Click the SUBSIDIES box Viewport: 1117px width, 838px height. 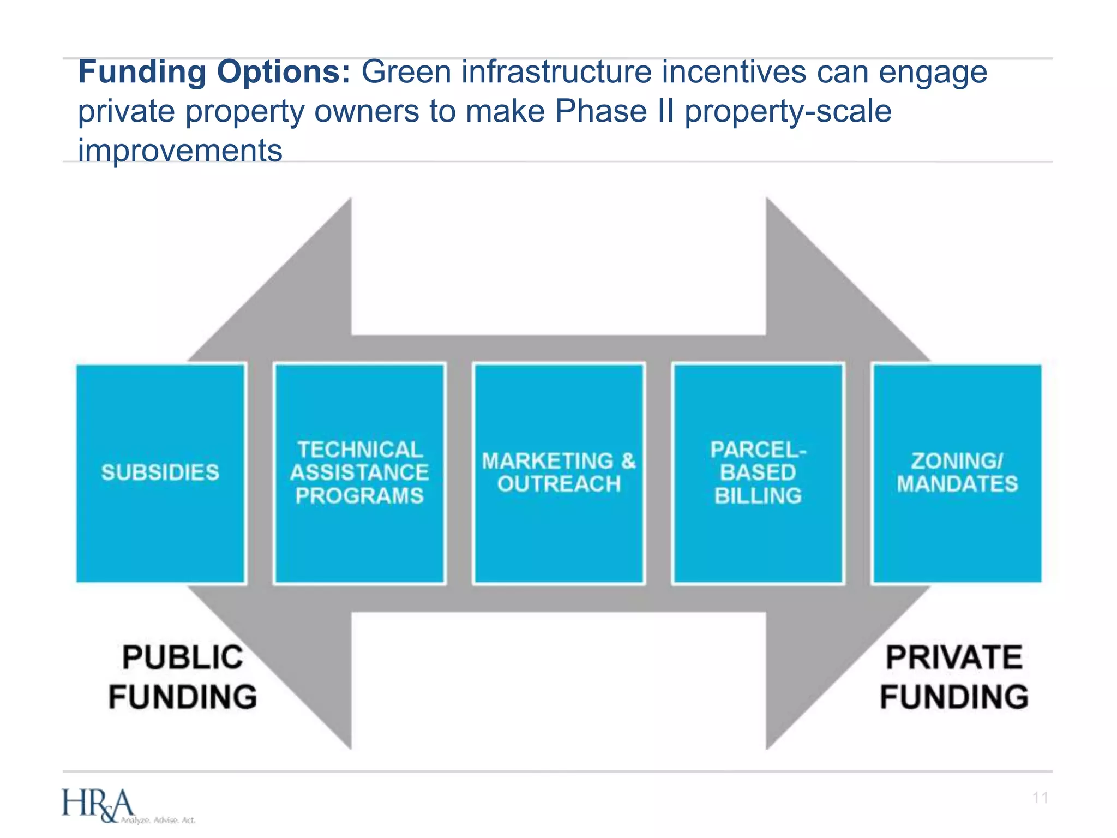pyautogui.click(x=160, y=472)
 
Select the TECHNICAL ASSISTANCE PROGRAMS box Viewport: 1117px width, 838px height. pyautogui.click(x=359, y=472)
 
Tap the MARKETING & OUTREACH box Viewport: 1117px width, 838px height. pyautogui.click(x=559, y=472)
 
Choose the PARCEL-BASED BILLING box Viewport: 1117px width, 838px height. pyautogui.click(x=758, y=472)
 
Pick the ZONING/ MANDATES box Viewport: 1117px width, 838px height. pyautogui.click(x=957, y=472)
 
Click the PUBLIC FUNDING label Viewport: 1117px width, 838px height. pyautogui.click(x=183, y=677)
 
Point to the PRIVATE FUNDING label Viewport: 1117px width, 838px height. pyautogui.click(x=954, y=677)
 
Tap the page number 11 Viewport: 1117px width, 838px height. pyautogui.click(x=1040, y=798)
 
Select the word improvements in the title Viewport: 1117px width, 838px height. pyautogui.click(x=180, y=151)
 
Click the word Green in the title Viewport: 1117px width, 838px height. pyautogui.click(x=406, y=72)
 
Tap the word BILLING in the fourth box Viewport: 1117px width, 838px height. pyautogui.click(x=758, y=495)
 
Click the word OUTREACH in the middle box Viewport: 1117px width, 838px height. pyautogui.click(x=559, y=484)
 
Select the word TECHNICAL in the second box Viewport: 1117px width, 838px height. pyautogui.click(x=360, y=450)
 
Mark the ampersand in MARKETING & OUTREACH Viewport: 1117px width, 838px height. pyautogui.click(x=628, y=461)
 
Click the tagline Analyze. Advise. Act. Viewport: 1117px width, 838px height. pyautogui.click(x=158, y=820)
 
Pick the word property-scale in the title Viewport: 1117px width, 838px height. pyautogui.click(x=788, y=111)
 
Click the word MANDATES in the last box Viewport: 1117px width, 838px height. pyautogui.click(x=957, y=484)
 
